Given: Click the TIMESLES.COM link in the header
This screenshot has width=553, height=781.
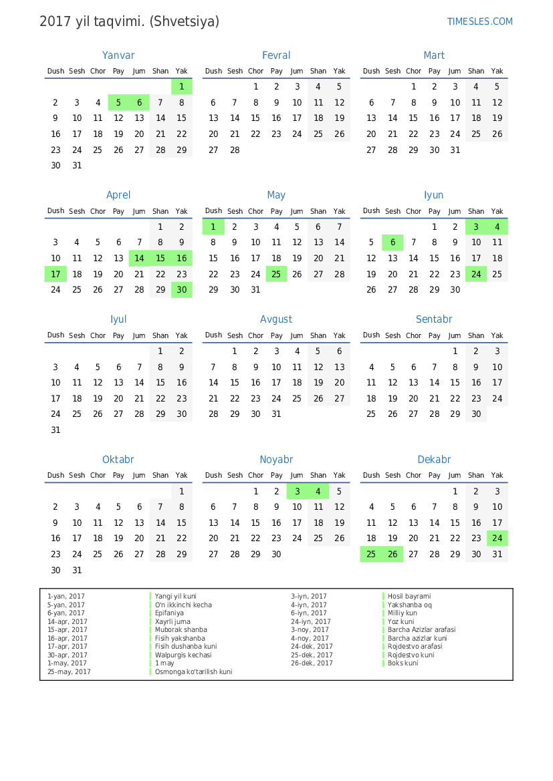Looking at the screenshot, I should coord(479,21).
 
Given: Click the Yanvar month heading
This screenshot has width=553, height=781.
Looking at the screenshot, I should coord(118,55).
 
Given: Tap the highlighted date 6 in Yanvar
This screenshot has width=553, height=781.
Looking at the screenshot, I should coord(139,102).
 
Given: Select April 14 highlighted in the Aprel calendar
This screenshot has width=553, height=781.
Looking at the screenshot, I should coord(139,258).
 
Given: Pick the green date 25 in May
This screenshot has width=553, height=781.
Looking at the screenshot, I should coord(276,274).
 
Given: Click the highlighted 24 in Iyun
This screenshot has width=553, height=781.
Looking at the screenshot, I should coord(476,274).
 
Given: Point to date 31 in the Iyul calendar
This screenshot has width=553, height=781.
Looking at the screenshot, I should coord(56,430).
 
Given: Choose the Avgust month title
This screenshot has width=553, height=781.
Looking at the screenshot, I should coord(276,319).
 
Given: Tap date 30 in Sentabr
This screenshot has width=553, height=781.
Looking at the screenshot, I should coord(476,414).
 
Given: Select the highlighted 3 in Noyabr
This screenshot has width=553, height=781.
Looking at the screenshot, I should coord(297,491).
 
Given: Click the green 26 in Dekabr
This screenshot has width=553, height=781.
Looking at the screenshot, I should coord(393,554).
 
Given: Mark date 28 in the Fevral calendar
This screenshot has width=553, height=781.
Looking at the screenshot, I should coord(235,150).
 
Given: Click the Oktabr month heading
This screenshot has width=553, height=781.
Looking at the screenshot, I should coord(118,460).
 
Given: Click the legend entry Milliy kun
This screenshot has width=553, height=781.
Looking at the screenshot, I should coord(403,613).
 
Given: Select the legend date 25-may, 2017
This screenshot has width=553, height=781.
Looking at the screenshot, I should coord(69,671).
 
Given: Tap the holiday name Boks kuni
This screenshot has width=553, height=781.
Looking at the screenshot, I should coord(403,663).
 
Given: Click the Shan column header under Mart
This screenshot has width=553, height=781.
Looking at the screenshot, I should coord(476,71).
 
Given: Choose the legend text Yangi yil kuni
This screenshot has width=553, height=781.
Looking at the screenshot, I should coord(176,596).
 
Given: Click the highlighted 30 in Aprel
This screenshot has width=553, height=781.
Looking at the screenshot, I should coord(181,289).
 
